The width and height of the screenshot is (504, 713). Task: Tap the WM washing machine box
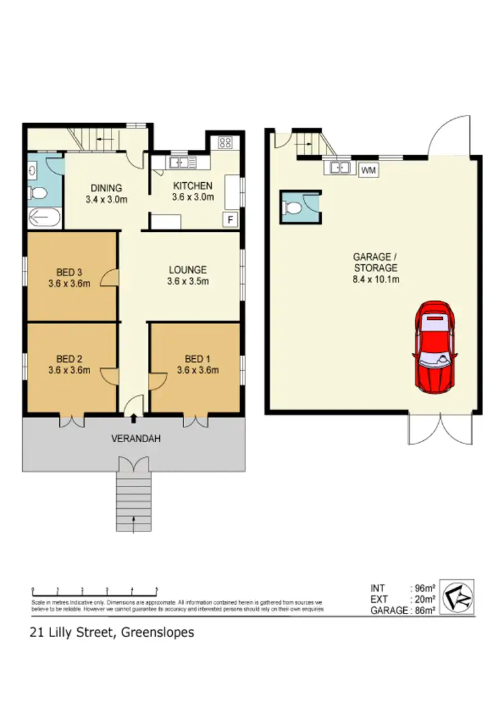click(368, 171)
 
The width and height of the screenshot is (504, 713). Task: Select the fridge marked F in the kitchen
click(230, 220)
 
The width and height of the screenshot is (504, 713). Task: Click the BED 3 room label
click(69, 272)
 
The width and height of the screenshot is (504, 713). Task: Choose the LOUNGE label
click(187, 270)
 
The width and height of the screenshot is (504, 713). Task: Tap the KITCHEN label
click(193, 186)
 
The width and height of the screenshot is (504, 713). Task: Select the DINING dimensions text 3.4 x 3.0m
click(106, 199)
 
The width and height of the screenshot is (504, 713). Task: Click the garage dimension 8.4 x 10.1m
click(376, 278)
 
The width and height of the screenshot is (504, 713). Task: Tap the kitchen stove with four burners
click(224, 142)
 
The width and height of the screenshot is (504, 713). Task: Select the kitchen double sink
click(182, 162)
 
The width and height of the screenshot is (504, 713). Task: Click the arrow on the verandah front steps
click(134, 522)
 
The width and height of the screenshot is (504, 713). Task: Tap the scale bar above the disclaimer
click(94, 591)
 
